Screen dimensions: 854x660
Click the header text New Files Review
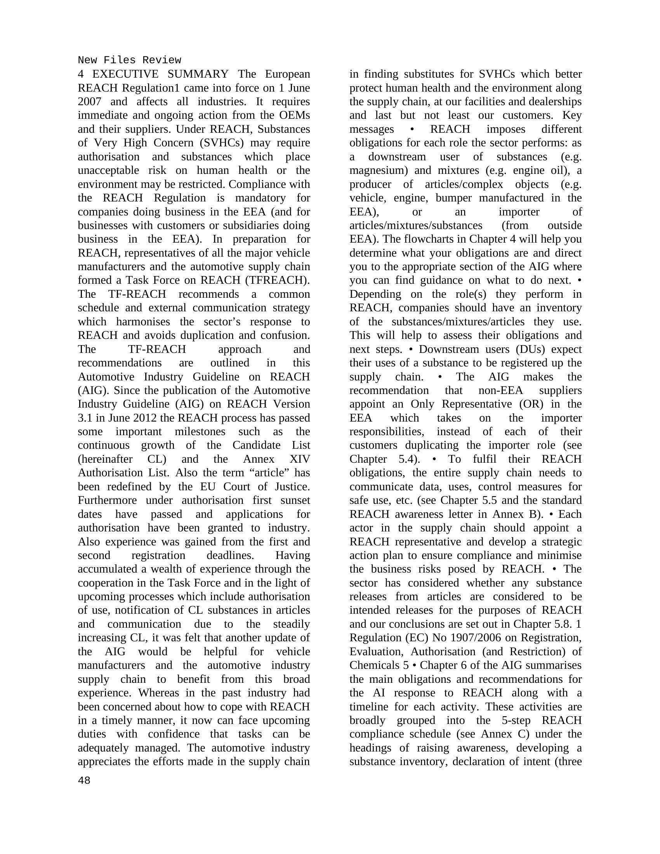pyautogui.click(x=129, y=60)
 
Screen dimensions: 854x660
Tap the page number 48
pyautogui.click(x=84, y=781)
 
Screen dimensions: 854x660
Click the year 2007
pyautogui.click(x=89, y=102)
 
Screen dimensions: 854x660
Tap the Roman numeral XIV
pyautogui.click(x=300, y=459)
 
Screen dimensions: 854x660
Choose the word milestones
pyautogui.click(x=200, y=432)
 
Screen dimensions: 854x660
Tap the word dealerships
pyautogui.click(x=555, y=102)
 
